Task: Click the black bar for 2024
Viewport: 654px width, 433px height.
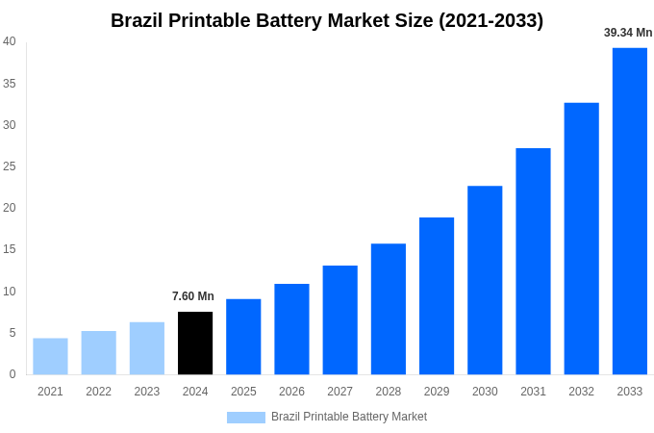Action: pyautogui.click(x=195, y=343)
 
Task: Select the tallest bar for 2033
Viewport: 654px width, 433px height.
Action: pyautogui.click(x=629, y=211)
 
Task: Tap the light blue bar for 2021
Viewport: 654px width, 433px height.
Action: pyautogui.click(x=50, y=356)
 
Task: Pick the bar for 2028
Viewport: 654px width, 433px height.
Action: pyautogui.click(x=389, y=309)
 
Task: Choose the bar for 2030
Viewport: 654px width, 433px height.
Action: pyautogui.click(x=485, y=280)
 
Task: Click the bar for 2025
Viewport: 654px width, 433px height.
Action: pyautogui.click(x=243, y=336)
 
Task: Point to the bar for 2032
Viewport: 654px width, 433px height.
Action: pyautogui.click(x=581, y=239)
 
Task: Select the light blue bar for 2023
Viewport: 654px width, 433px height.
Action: pyautogui.click(x=147, y=347)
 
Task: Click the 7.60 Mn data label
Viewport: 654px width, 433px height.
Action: pyautogui.click(x=193, y=296)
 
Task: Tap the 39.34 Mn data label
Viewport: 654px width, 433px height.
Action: pyautogui.click(x=628, y=33)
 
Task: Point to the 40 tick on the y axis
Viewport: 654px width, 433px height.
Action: pyautogui.click(x=10, y=41)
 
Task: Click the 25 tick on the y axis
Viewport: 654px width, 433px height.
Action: pyautogui.click(x=10, y=166)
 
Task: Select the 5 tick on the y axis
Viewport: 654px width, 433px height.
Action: pyautogui.click(x=13, y=333)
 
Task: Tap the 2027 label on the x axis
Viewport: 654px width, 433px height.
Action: pyautogui.click(x=340, y=392)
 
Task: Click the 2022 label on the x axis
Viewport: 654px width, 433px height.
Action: pyautogui.click(x=98, y=392)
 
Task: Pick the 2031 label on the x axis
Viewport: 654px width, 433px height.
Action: pyautogui.click(x=533, y=392)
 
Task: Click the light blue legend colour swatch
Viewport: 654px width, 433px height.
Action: pyautogui.click(x=245, y=418)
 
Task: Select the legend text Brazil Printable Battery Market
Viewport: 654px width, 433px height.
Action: pyautogui.click(x=349, y=417)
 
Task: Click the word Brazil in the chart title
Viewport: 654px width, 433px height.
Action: pyautogui.click(x=137, y=20)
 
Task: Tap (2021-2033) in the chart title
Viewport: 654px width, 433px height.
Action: pyautogui.click(x=490, y=20)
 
